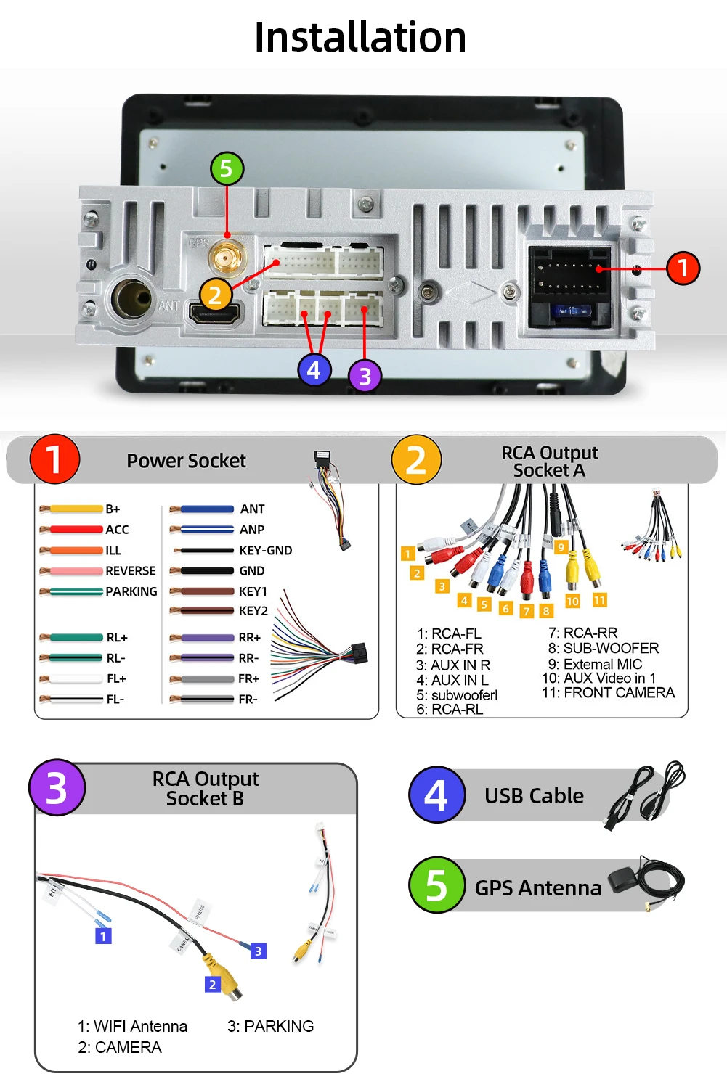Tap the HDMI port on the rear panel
pyautogui.click(x=216, y=313)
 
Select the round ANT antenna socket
pyautogui.click(x=132, y=298)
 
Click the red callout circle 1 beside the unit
pyautogui.click(x=682, y=268)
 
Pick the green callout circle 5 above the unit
pyautogui.click(x=227, y=168)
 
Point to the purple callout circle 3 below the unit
pyautogui.click(x=365, y=376)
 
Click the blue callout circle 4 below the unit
pyautogui.click(x=314, y=370)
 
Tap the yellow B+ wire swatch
pyautogui.click(x=72, y=509)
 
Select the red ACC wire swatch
pyautogui.click(x=72, y=530)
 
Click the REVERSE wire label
pyautogui.click(x=131, y=571)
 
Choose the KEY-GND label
pyautogui.click(x=265, y=551)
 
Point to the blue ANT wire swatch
pyautogui.click(x=204, y=509)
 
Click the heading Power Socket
pyautogui.click(x=186, y=461)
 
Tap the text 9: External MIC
pyautogui.click(x=595, y=664)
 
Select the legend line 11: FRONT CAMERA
pyautogui.click(x=608, y=693)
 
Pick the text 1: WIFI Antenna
pyautogui.click(x=133, y=1026)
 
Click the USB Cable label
pyautogui.click(x=534, y=796)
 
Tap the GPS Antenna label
pyautogui.click(x=537, y=888)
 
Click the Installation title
pyautogui.click(x=360, y=37)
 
